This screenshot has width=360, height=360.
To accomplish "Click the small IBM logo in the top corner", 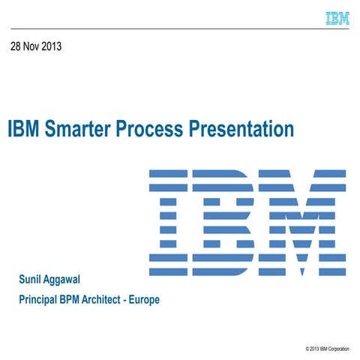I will (337, 18).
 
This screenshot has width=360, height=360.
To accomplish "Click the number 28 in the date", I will (16, 46).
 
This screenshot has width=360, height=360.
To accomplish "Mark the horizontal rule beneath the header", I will (180, 28).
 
